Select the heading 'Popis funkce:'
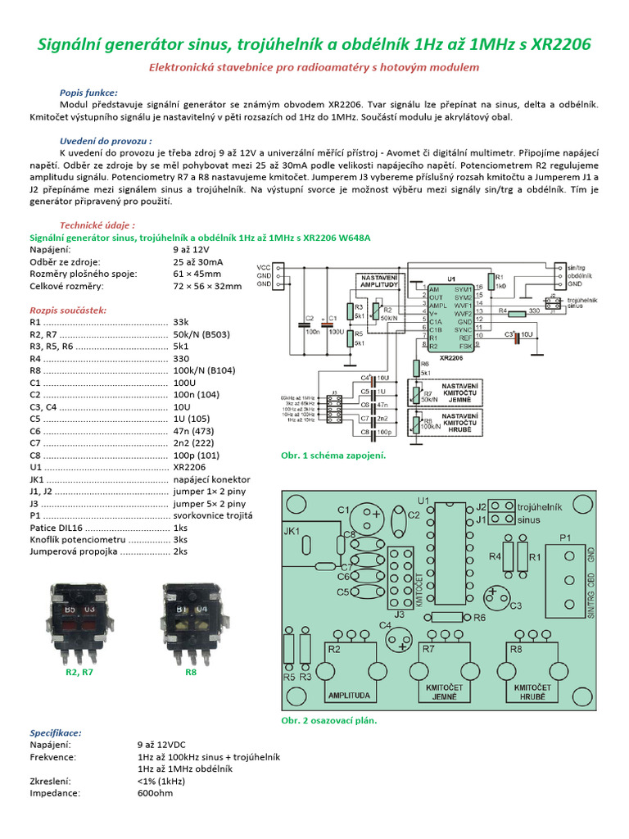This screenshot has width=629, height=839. tap(88, 93)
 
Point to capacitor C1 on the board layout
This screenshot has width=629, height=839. tap(364, 518)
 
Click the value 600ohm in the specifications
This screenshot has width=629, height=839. tap(156, 793)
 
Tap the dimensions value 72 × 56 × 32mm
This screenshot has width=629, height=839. tap(207, 287)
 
